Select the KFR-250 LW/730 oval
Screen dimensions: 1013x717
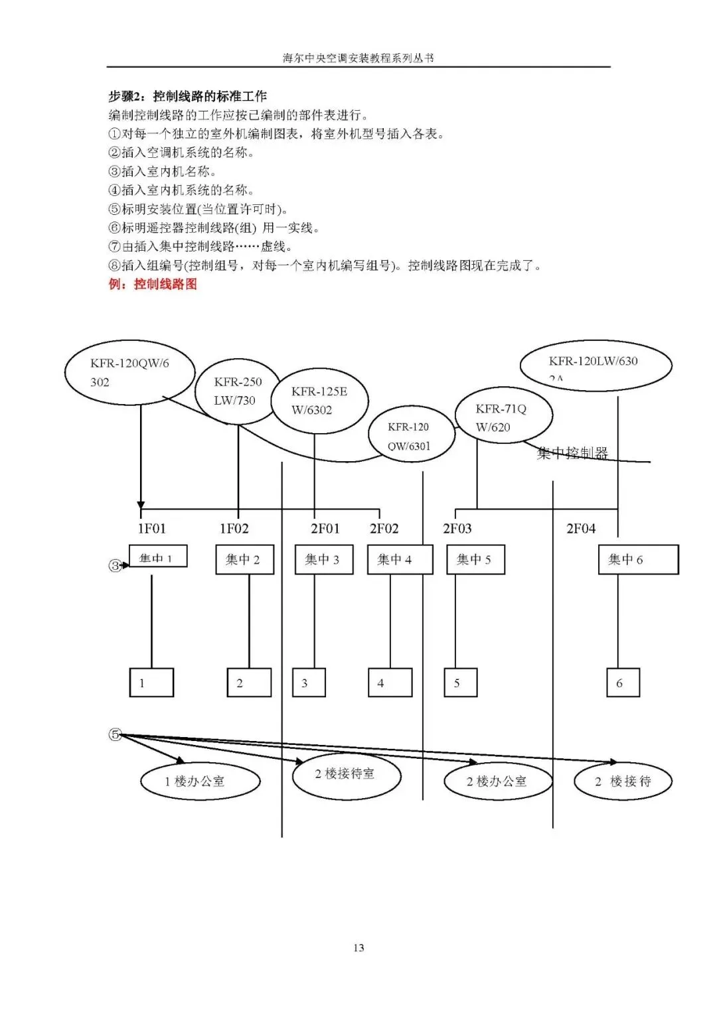pos(238,391)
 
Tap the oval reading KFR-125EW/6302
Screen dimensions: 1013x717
pos(319,401)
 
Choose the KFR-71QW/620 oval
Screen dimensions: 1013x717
pos(503,418)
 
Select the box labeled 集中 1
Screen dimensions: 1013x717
pos(158,557)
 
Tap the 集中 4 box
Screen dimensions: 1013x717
pos(400,560)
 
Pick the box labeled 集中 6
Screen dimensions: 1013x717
pos(638,560)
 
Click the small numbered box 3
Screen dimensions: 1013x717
pos(309,683)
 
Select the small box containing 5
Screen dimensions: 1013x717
pos(460,683)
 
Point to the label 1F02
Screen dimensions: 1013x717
pos(234,529)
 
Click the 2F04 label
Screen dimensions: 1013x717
pos(581,529)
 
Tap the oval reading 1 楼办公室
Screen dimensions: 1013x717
pos(200,781)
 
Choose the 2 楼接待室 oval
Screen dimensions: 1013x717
pos(347,775)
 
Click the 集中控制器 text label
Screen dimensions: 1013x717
pos(572,454)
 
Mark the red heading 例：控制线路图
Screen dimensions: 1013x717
pos(153,285)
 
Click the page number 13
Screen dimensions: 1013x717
pos(358,948)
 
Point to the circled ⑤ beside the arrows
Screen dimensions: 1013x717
pos(115,734)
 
